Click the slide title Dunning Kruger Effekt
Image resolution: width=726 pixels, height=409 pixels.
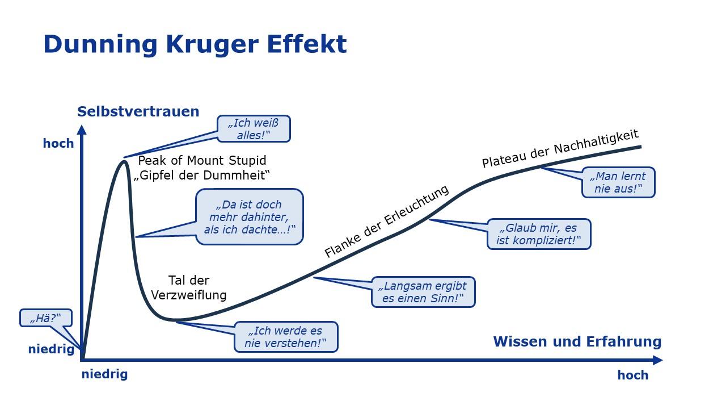(x=195, y=44)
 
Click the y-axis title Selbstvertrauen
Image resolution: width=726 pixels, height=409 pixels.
(x=138, y=111)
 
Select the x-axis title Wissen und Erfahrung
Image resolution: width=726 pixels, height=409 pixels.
(x=577, y=341)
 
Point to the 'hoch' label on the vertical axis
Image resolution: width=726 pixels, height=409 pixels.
(x=58, y=144)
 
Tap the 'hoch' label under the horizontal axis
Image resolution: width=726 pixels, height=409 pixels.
(x=632, y=375)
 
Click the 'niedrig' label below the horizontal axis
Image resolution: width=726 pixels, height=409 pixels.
(x=104, y=374)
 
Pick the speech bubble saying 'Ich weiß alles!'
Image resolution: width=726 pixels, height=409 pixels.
(x=254, y=128)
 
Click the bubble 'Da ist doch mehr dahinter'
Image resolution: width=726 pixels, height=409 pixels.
(x=249, y=217)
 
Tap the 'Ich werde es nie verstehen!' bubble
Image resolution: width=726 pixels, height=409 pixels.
(x=286, y=337)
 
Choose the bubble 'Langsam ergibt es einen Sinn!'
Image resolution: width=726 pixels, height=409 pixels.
(x=423, y=292)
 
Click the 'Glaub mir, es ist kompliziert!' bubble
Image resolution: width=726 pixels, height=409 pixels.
(x=539, y=234)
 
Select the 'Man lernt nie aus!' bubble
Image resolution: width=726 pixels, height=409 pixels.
(x=618, y=182)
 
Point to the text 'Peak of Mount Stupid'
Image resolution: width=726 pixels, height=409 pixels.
(x=202, y=160)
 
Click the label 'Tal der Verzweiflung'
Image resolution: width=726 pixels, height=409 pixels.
(x=188, y=287)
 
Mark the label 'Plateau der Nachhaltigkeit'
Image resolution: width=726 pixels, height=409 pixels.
(x=560, y=148)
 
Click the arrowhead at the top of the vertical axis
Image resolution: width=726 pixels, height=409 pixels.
(x=82, y=130)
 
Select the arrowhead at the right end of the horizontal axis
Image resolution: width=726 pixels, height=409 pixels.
(x=657, y=360)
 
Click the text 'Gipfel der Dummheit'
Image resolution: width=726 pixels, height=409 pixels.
(x=202, y=176)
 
